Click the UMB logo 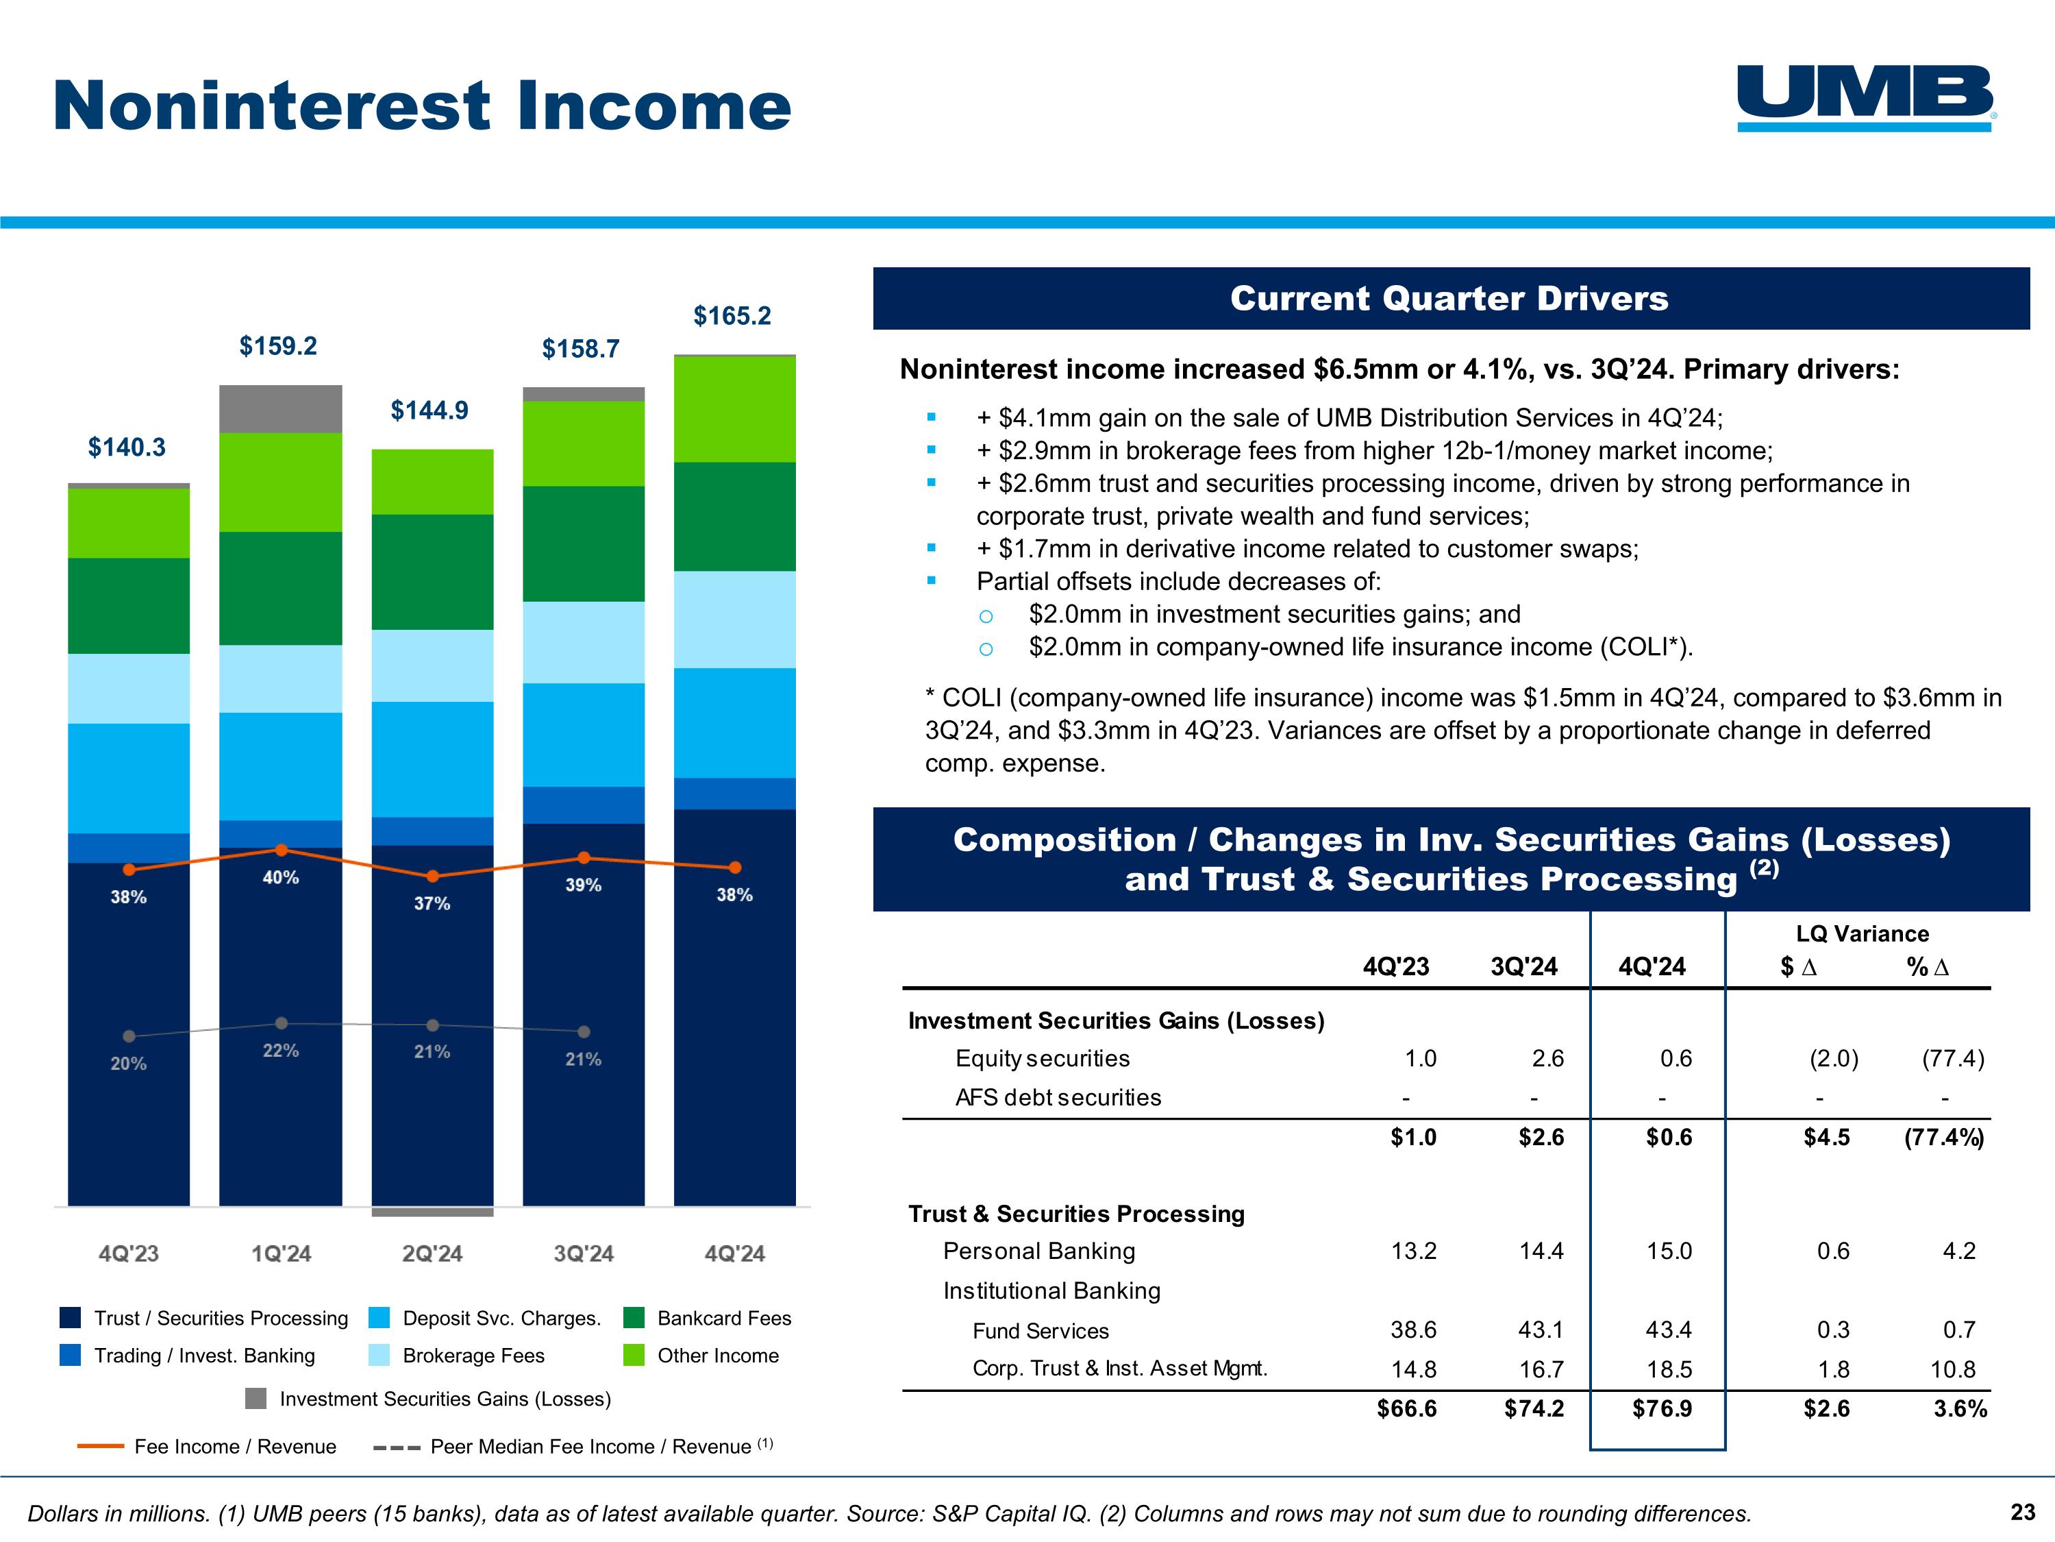(1865, 97)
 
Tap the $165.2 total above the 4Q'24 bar (732, 316)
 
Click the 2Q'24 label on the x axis (432, 1254)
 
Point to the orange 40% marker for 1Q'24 (282, 850)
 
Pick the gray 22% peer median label (281, 1051)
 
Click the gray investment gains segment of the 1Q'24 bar (281, 409)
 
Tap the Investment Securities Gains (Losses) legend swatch (256, 1399)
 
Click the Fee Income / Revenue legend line (100, 1446)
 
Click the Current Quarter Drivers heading (1449, 298)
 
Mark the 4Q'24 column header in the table (1652, 966)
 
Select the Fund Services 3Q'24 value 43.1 (1541, 1330)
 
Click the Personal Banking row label (1038, 1251)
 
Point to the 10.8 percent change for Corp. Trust (1958, 1369)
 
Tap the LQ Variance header (1862, 934)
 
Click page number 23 (2023, 1513)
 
